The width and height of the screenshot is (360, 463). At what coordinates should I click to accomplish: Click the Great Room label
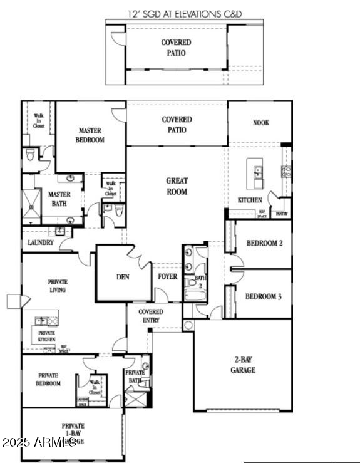pos(177,186)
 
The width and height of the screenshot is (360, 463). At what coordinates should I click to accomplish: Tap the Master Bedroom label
pos(90,135)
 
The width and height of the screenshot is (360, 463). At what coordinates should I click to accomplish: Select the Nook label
pos(261,123)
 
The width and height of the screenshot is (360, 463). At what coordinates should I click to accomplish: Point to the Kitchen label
pos(249,200)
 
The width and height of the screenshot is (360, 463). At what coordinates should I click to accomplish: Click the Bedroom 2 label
pos(264,243)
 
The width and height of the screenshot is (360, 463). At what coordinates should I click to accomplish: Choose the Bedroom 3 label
pos(263,296)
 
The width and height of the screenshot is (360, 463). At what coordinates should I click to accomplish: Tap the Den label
pos(123,277)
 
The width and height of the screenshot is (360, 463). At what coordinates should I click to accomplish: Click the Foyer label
pos(167,276)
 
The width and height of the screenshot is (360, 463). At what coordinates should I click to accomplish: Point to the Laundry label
pos(40,242)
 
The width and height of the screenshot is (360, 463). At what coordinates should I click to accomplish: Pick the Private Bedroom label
pos(48,379)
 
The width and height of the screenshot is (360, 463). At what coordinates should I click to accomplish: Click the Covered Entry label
pos(150,316)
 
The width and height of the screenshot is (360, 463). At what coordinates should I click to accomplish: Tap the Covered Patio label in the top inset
pos(176,47)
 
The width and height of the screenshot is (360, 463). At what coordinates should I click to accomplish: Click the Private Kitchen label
pos(47,336)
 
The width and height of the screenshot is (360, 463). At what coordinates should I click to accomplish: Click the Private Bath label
pos(135,377)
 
